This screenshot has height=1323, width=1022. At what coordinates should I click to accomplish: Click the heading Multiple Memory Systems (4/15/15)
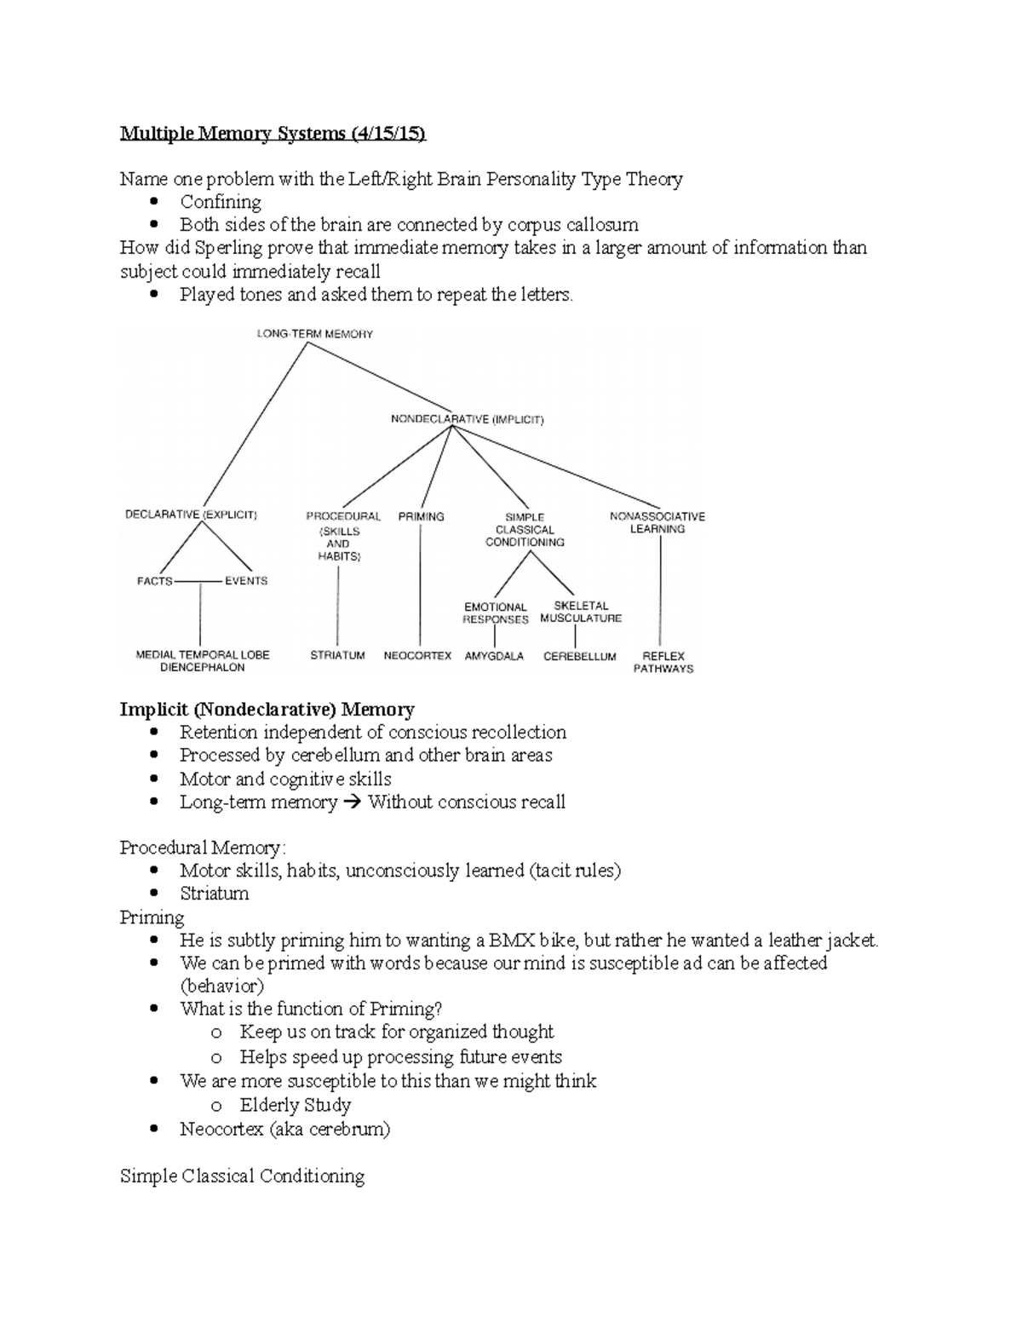pos(273,133)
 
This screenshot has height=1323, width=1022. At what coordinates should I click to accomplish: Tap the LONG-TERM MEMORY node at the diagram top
pos(315,334)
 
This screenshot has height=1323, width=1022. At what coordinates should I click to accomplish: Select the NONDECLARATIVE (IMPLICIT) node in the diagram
pos(467,419)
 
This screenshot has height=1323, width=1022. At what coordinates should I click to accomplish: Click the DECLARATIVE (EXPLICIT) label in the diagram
pos(191,515)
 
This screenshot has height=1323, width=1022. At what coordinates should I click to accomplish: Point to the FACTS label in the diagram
pos(154,581)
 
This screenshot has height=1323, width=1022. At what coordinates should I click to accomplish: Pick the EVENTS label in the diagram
pos(246,581)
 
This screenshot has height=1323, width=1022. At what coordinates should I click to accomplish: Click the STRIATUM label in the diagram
pos(337,655)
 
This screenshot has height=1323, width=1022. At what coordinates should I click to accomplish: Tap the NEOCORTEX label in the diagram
pos(417,656)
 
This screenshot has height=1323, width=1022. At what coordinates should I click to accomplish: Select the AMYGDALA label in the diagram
pos(494,656)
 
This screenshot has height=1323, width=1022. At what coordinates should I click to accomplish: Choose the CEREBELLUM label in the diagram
pos(579,657)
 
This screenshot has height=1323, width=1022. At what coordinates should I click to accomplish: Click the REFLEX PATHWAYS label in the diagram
pos(663,663)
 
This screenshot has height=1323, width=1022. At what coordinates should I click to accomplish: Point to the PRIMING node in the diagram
pos(421,516)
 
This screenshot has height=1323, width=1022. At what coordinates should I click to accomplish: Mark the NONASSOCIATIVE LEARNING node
pos(657,522)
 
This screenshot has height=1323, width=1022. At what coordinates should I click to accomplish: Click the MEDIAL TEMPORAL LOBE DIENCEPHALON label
pos(203,661)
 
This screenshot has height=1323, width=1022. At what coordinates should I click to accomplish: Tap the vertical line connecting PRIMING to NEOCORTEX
pos(421,588)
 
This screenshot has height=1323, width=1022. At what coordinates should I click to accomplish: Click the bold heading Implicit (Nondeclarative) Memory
pos(267,710)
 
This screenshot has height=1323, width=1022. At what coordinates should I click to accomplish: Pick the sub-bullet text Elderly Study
pos(296,1105)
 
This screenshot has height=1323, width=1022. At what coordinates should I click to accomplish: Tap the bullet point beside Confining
pos(154,202)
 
